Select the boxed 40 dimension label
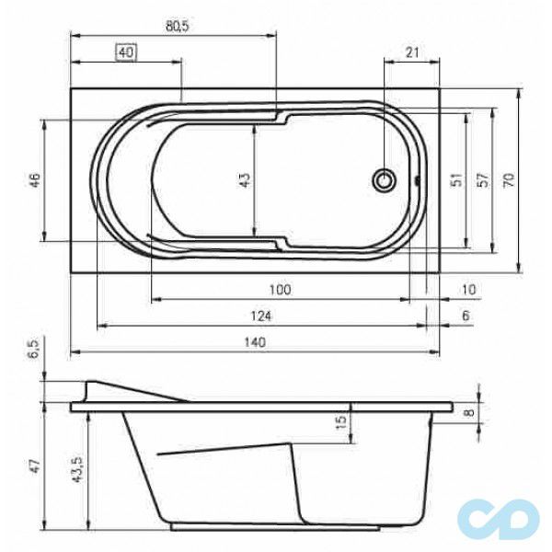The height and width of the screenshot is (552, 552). [x=127, y=53]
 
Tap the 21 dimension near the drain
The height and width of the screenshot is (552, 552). [x=411, y=52]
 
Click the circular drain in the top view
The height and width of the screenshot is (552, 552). [x=384, y=179]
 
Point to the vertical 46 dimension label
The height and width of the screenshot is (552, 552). [x=35, y=179]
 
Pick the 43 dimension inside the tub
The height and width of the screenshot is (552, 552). [x=245, y=180]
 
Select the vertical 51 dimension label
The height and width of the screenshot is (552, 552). [x=454, y=180]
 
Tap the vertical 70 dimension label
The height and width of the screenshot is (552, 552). [x=508, y=180]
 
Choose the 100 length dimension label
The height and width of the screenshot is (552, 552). [x=280, y=290]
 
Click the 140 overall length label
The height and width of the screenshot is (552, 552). [x=255, y=341]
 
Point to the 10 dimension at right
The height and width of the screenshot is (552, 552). [x=470, y=290]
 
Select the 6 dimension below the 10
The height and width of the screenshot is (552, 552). [x=466, y=316]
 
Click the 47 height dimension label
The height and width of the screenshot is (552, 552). [x=35, y=466]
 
